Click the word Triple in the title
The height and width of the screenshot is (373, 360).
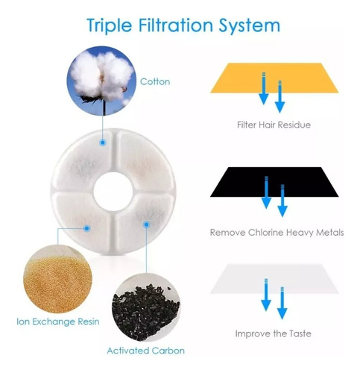coord(110,25)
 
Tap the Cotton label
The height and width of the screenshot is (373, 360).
coord(155,81)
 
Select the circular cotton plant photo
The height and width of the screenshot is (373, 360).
coord(101,81)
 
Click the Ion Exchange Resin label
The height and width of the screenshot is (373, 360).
coord(58,322)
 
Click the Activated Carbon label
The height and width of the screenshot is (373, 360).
coord(146,351)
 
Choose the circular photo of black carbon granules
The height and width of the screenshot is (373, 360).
coord(146,308)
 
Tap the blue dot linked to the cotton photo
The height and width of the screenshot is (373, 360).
coord(103,142)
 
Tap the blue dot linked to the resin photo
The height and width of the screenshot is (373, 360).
coord(86,228)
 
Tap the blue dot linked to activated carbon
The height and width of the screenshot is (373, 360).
coord(147,225)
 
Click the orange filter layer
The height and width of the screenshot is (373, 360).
coord(274,78)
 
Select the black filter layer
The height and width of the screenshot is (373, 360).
coord(274,182)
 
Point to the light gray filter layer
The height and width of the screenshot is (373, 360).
coord(274,278)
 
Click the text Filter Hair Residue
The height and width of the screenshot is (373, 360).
coord(274,125)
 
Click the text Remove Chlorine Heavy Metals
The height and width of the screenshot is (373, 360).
coord(277,233)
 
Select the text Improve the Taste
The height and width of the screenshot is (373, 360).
coord(274,333)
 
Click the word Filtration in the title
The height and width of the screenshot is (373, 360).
coord(175,25)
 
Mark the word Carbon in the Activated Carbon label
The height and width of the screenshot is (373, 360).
coord(168,351)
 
